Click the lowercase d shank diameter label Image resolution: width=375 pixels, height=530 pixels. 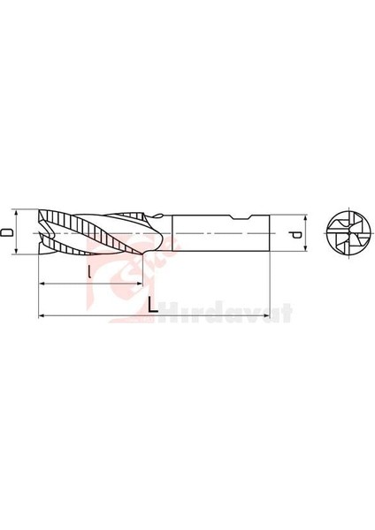click(295, 233)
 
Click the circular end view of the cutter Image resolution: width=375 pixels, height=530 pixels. click(341, 233)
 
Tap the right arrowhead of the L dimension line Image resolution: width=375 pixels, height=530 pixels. click(266, 315)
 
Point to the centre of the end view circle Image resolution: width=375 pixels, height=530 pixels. click(341, 233)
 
